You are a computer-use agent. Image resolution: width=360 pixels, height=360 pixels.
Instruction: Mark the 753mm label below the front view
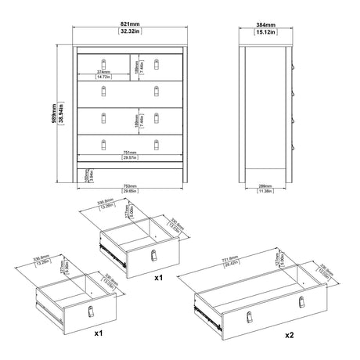pos(130,185)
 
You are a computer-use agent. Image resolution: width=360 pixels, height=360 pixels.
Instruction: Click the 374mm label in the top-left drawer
pos(102,72)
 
